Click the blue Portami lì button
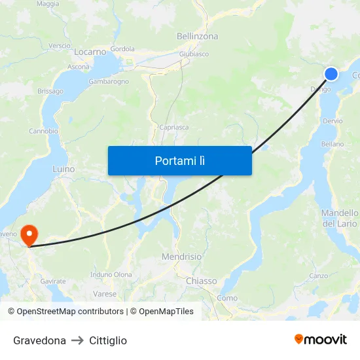coord(179,160)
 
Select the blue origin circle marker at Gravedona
coord(331,73)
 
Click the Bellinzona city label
coord(197,37)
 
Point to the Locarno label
coord(90,52)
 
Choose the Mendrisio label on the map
coord(181,257)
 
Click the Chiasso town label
coord(201,281)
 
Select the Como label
coord(227,298)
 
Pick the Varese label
coord(105,294)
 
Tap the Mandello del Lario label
coord(340,218)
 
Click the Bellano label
coord(333,144)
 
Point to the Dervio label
coord(333,121)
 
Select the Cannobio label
coord(43,131)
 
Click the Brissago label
coord(50,91)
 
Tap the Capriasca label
coord(173,128)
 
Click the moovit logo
coord(321,339)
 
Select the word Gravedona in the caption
coord(39,340)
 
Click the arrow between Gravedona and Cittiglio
coord(78,340)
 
